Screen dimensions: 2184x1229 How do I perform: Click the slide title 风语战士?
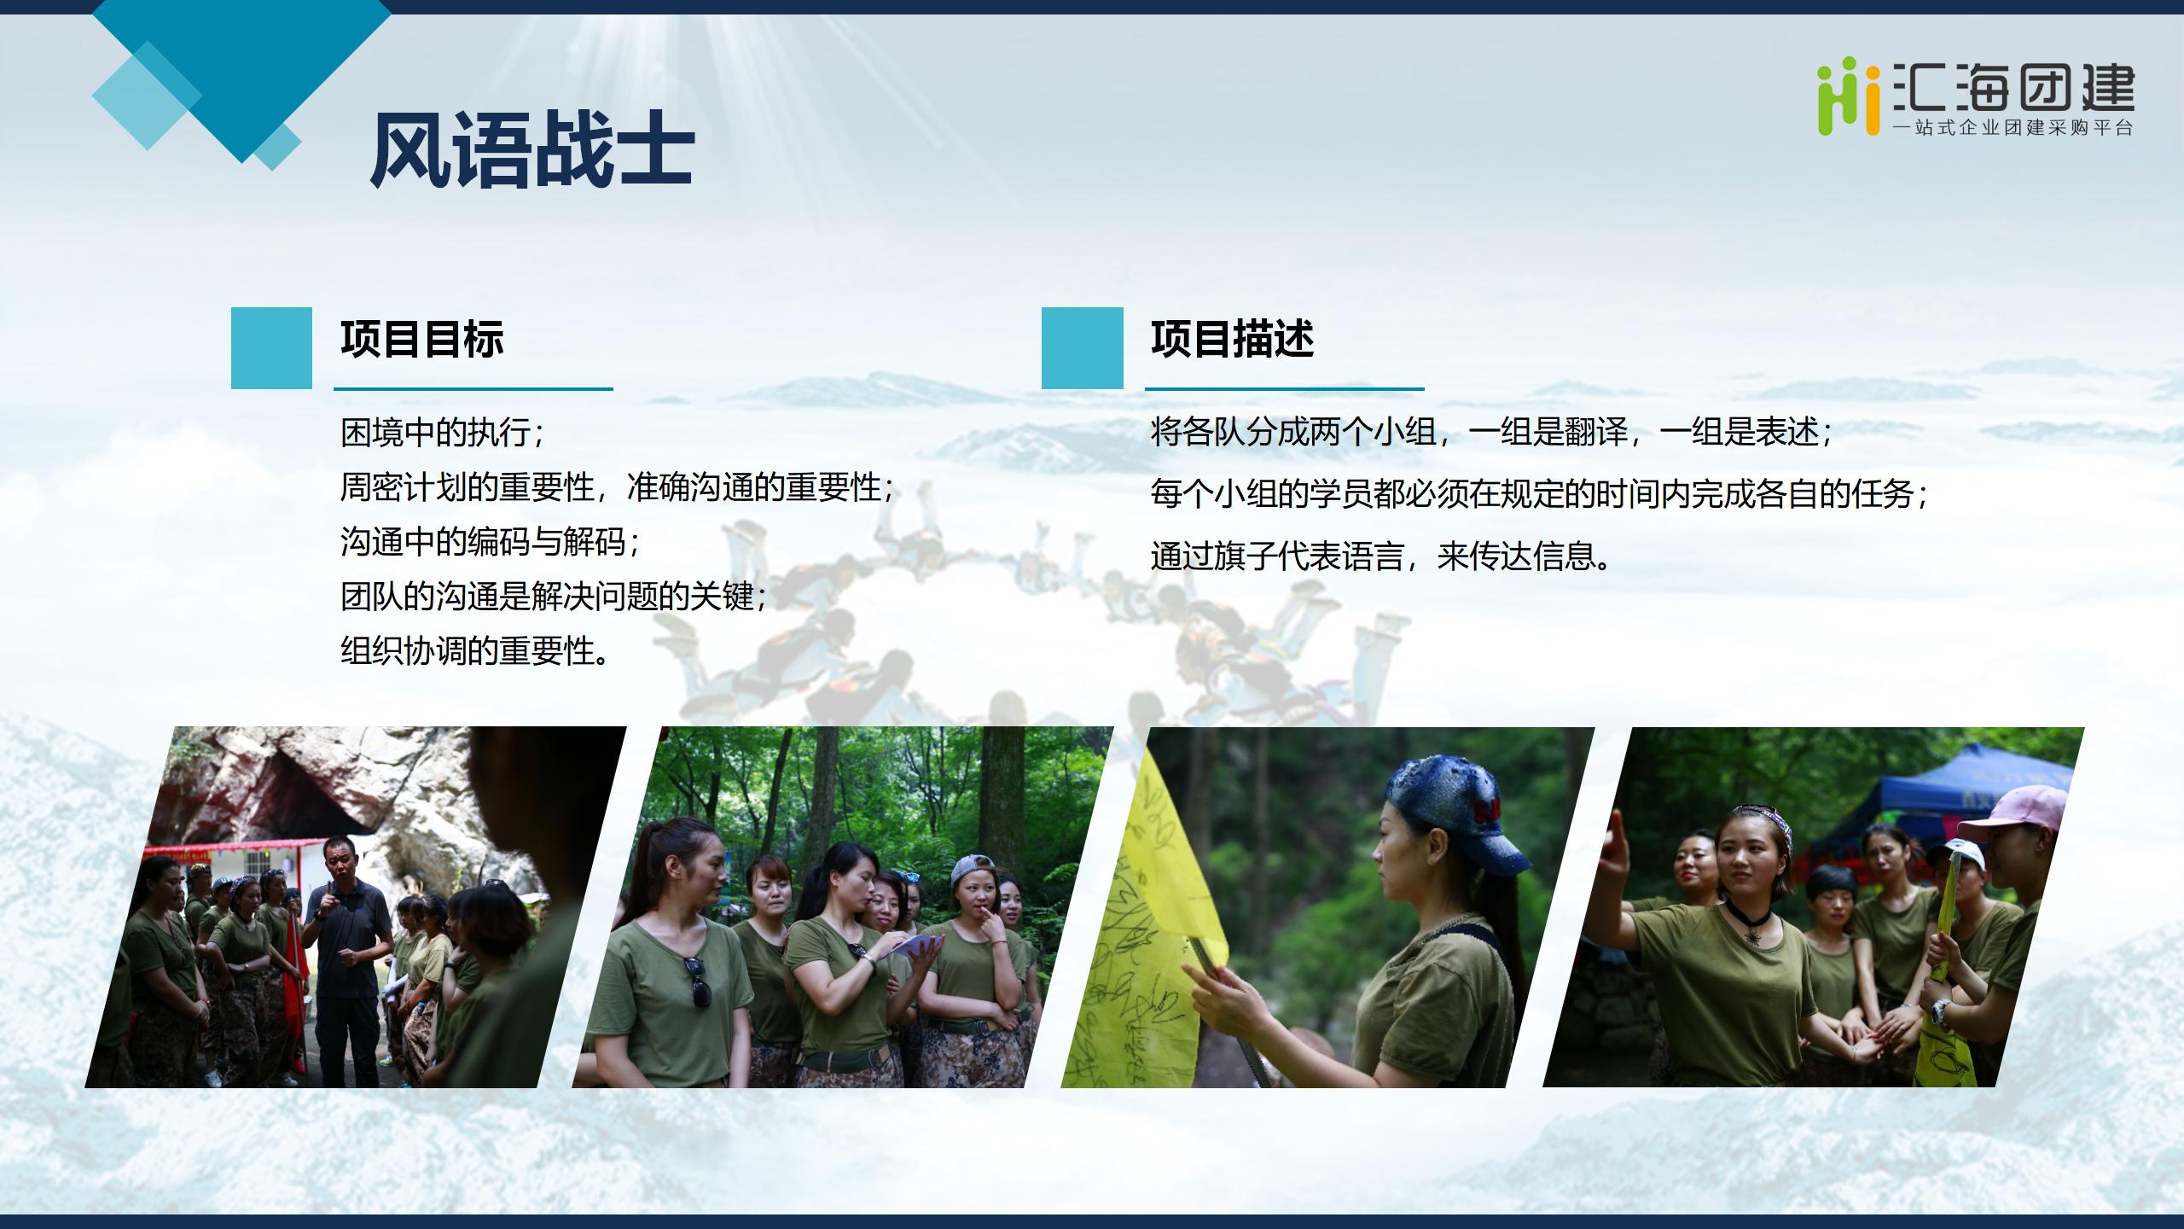coord(531,150)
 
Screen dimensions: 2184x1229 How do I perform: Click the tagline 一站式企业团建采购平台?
coord(2013,128)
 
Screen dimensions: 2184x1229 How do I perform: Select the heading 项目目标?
coord(422,339)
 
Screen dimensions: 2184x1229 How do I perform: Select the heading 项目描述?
coord(1233,339)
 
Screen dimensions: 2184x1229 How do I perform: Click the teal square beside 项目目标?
coord(271,348)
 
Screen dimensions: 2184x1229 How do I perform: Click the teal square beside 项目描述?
coord(1083,348)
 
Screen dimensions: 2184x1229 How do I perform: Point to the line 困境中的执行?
coord(442,433)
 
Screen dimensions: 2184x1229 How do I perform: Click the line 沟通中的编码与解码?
coord(490,542)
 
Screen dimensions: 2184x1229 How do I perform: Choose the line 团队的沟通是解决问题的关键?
coord(554,597)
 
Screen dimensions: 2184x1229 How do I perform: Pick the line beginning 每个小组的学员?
coord(1540,494)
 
